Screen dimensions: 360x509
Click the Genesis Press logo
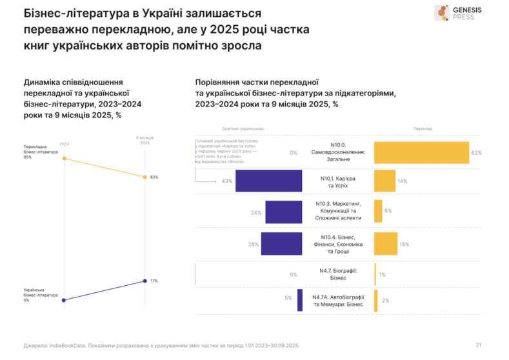click(x=459, y=13)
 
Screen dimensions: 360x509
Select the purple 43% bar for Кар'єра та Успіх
click(x=269, y=181)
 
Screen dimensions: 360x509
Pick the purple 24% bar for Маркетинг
click(x=284, y=212)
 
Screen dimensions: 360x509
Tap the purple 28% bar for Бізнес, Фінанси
click(x=282, y=244)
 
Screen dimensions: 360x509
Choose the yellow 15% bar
click(x=386, y=244)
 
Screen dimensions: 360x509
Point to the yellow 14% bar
click(x=384, y=181)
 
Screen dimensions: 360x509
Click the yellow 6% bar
click(x=378, y=212)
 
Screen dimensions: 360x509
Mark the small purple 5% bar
click(x=300, y=300)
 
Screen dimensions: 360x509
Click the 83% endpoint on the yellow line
click(x=143, y=177)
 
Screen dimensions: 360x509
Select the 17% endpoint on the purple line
click(x=143, y=281)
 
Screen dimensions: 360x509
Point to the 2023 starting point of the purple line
click(x=64, y=301)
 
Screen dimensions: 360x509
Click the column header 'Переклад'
click(x=423, y=128)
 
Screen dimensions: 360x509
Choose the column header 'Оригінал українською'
click(x=243, y=128)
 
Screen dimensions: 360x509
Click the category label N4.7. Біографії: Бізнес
click(x=338, y=274)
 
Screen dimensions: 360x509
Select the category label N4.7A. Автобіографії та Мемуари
click(x=338, y=300)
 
